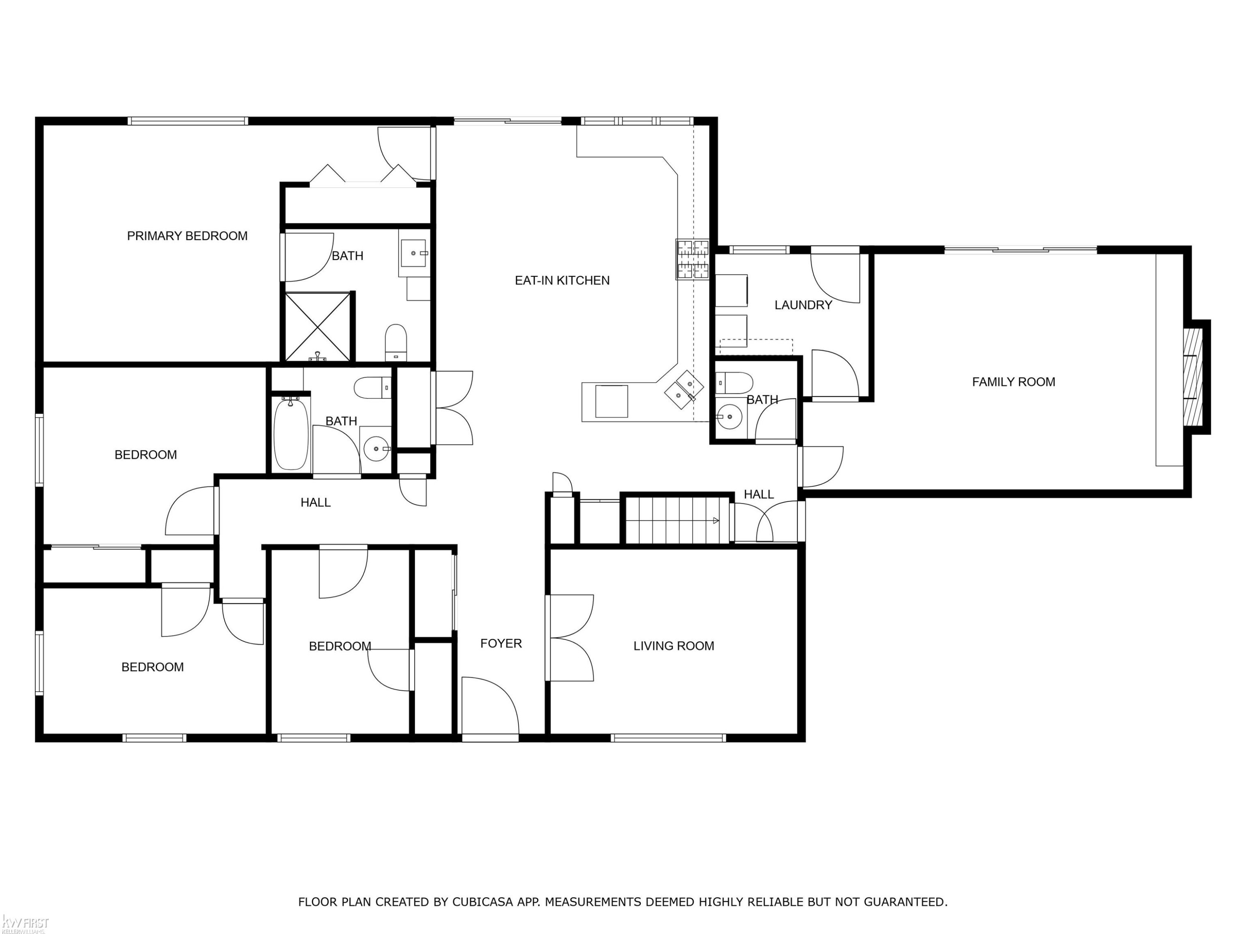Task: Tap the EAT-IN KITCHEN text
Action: click(x=562, y=280)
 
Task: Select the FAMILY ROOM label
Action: click(x=1013, y=382)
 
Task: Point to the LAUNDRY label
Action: click(x=803, y=305)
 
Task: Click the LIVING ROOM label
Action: click(x=674, y=646)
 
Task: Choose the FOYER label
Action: click(x=501, y=643)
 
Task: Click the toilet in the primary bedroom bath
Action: click(x=396, y=342)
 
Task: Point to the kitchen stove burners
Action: click(x=692, y=259)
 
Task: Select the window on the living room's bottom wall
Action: click(x=669, y=738)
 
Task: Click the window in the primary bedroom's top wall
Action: click(x=188, y=120)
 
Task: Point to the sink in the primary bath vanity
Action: click(x=415, y=253)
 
